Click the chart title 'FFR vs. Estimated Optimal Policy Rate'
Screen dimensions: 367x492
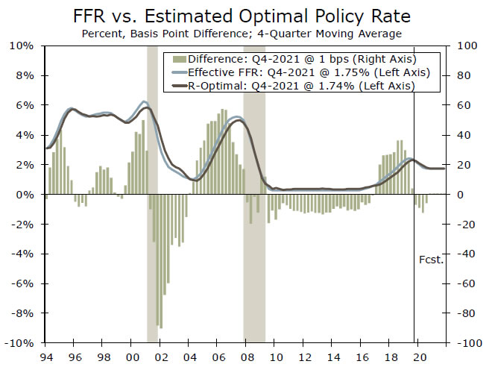246,16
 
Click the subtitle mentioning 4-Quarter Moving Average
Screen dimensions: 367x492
246,33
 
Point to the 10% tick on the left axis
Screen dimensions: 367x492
22,46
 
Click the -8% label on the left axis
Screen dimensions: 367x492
22,313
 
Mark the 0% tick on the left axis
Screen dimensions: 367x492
25,195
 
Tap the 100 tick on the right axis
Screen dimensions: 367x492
466,46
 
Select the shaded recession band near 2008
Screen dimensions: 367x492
254,224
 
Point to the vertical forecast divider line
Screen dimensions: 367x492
414,224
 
